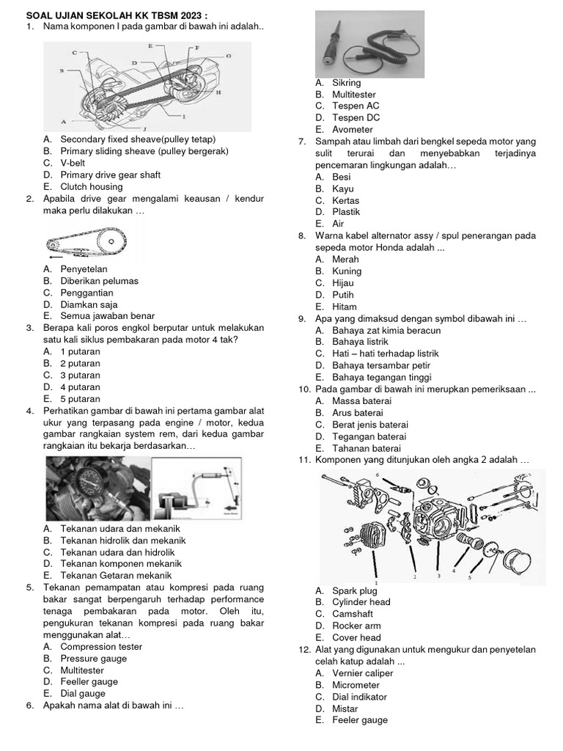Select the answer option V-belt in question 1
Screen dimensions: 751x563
73,163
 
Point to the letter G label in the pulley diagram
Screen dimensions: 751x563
229,56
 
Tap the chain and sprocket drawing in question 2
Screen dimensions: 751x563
87,242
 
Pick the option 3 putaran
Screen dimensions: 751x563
80,375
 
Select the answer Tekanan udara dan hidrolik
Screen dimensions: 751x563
117,552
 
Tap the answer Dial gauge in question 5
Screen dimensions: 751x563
83,694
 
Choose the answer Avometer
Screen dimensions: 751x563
352,130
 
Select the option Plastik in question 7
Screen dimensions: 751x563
346,212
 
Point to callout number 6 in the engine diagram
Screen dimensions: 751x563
378,476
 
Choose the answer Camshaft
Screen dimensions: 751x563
353,614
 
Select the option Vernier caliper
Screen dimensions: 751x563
362,673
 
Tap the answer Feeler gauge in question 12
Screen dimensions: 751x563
360,720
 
